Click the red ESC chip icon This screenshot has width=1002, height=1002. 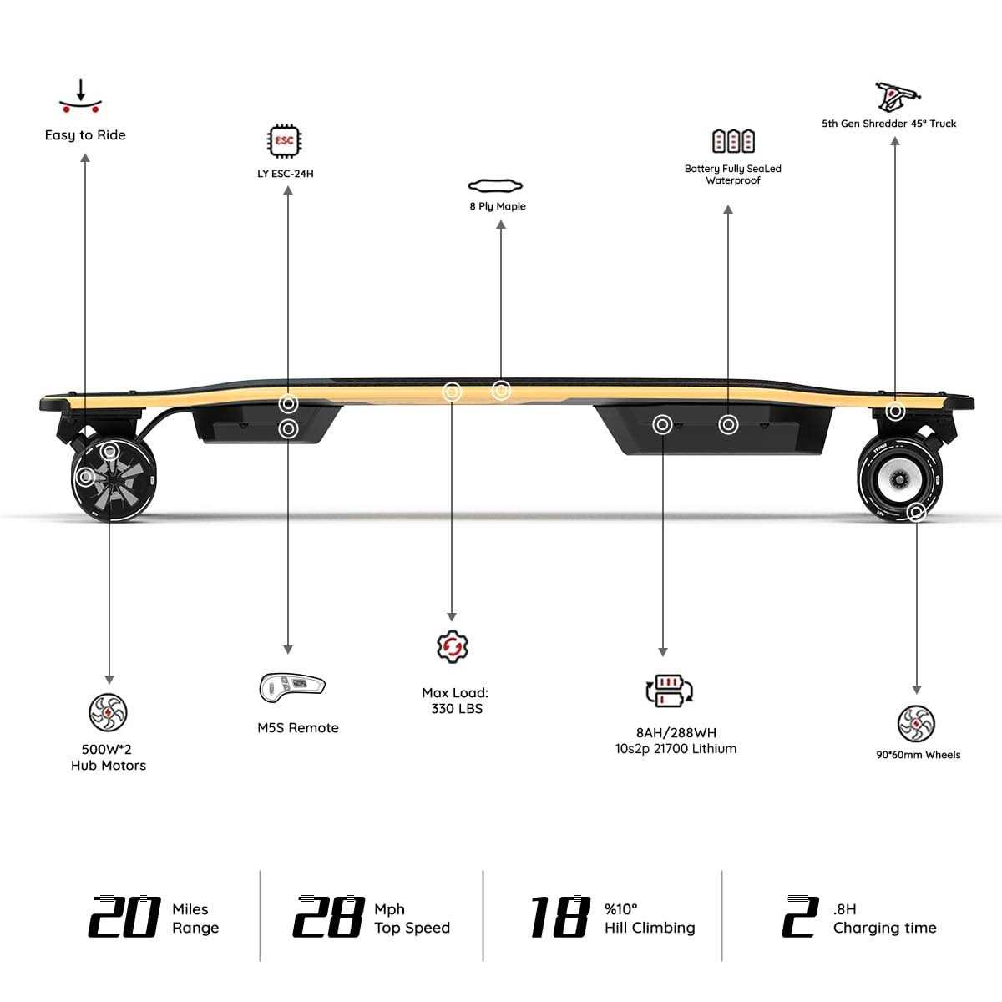point(285,140)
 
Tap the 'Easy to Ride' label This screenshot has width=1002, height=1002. point(85,135)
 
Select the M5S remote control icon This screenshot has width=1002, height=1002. point(292,687)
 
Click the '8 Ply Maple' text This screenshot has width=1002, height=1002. point(498,206)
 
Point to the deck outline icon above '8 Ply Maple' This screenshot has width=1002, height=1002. point(495,185)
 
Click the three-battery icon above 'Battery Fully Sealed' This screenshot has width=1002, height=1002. point(733,141)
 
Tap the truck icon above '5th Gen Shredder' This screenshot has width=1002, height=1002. point(897,97)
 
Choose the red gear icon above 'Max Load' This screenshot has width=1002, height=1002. point(453,646)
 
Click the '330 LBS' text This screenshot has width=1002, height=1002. point(457,709)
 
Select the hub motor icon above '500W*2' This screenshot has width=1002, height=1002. point(109,712)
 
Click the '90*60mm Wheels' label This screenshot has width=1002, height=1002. point(918,755)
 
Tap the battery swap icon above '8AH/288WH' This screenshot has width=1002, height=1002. point(670,691)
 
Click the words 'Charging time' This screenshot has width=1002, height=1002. point(884,928)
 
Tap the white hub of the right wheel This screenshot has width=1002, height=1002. point(898,479)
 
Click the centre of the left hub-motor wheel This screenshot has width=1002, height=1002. point(114,480)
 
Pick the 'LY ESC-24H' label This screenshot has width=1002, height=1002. point(286,174)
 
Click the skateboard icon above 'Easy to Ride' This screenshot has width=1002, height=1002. point(81,96)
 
